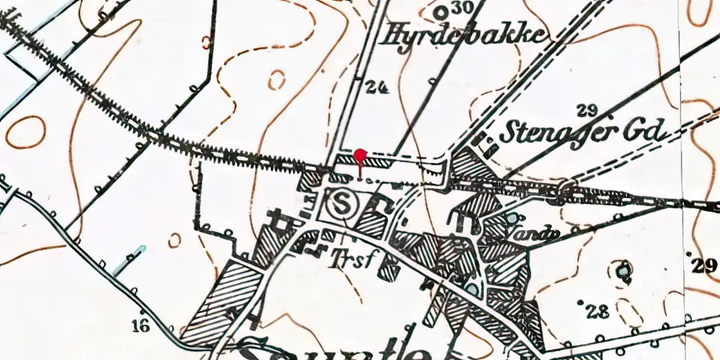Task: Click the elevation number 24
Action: [376, 88]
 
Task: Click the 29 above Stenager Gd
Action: [588, 109]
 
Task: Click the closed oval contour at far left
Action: [24, 132]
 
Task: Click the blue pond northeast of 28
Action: [622, 271]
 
